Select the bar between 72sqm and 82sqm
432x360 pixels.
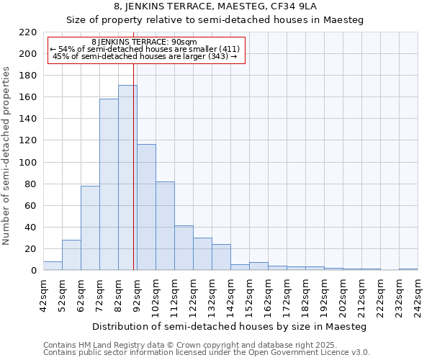click(x=109, y=184)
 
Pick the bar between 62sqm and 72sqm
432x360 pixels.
click(x=90, y=228)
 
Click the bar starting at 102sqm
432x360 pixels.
click(x=165, y=226)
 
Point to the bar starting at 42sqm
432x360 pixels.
click(x=53, y=266)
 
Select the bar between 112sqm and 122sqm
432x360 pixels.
click(x=184, y=248)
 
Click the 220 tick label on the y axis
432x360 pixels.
click(x=27, y=32)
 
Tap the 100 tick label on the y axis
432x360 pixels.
click(x=27, y=163)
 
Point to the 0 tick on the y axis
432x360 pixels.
click(x=33, y=271)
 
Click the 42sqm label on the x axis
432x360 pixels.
click(x=48, y=294)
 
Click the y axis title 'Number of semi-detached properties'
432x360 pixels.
click(x=7, y=156)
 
